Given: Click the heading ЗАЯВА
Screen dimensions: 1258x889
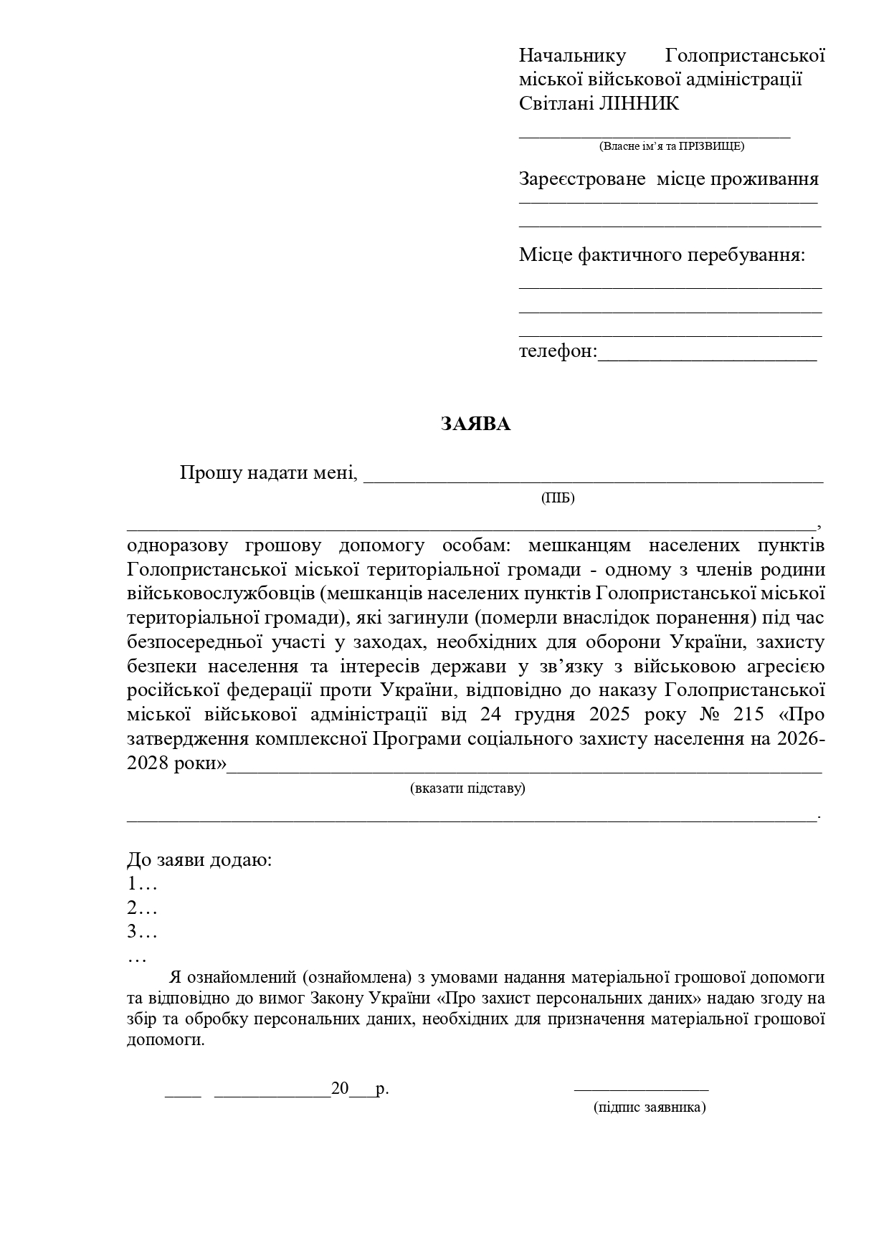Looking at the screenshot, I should click(x=475, y=424).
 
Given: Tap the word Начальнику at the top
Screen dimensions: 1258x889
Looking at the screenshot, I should click(x=572, y=55).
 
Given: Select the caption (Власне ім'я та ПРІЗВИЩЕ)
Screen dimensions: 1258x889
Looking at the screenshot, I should click(x=671, y=146).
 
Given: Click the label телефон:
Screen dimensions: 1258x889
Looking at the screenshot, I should click(x=557, y=352).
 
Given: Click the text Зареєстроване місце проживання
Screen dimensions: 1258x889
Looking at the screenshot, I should click(x=668, y=179).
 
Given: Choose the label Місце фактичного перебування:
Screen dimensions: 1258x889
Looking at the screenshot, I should click(x=662, y=255).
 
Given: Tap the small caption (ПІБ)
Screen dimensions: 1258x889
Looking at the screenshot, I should click(x=558, y=498).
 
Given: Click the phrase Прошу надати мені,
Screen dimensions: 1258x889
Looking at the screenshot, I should click(x=268, y=473).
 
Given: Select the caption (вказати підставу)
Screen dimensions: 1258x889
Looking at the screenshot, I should click(x=467, y=788).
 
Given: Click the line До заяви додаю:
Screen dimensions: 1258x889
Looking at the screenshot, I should click(x=199, y=859).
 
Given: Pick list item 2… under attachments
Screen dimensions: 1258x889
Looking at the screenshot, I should click(x=141, y=908).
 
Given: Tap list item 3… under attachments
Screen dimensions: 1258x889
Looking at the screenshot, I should click(x=141, y=933).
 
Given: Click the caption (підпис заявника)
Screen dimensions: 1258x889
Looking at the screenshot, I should click(x=650, y=1107).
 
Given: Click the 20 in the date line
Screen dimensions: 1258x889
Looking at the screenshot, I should click(x=340, y=1090).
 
